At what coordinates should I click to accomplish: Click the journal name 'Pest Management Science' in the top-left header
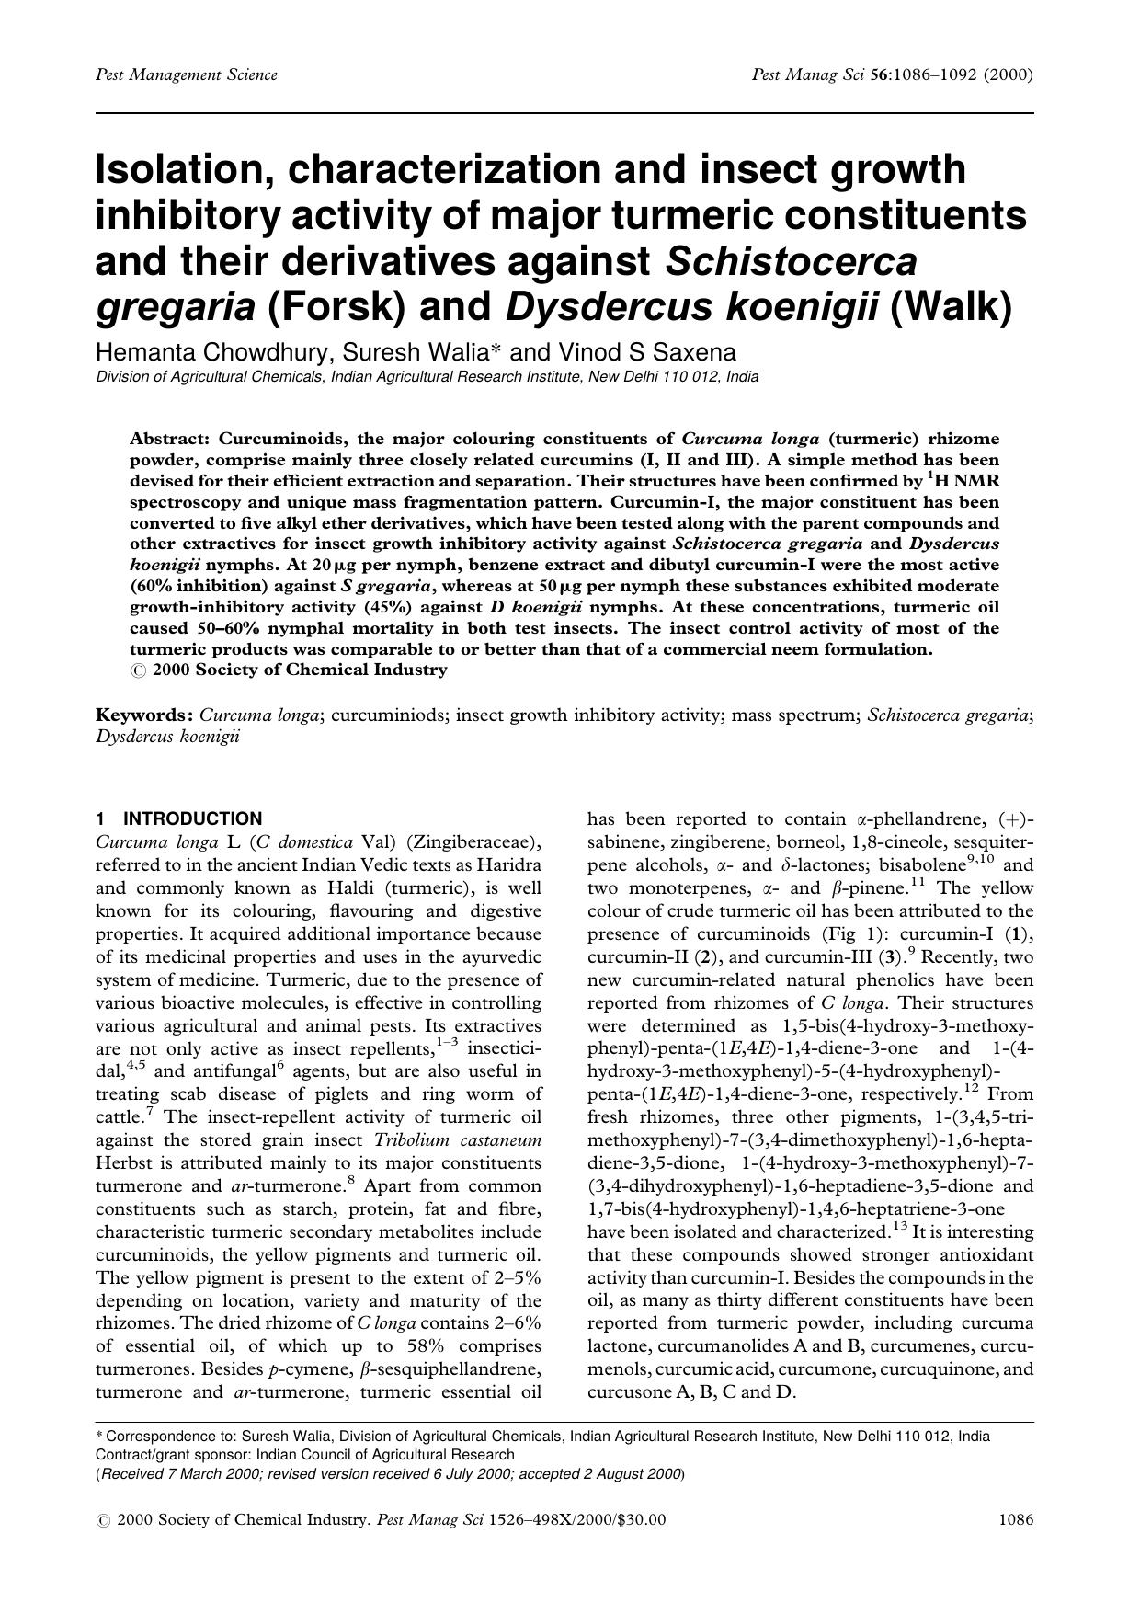click(187, 75)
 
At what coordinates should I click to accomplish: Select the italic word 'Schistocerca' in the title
click(791, 261)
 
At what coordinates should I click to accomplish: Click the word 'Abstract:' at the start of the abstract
click(169, 439)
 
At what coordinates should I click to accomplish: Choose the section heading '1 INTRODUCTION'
click(179, 818)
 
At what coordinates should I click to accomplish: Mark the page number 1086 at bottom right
click(1015, 1520)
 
